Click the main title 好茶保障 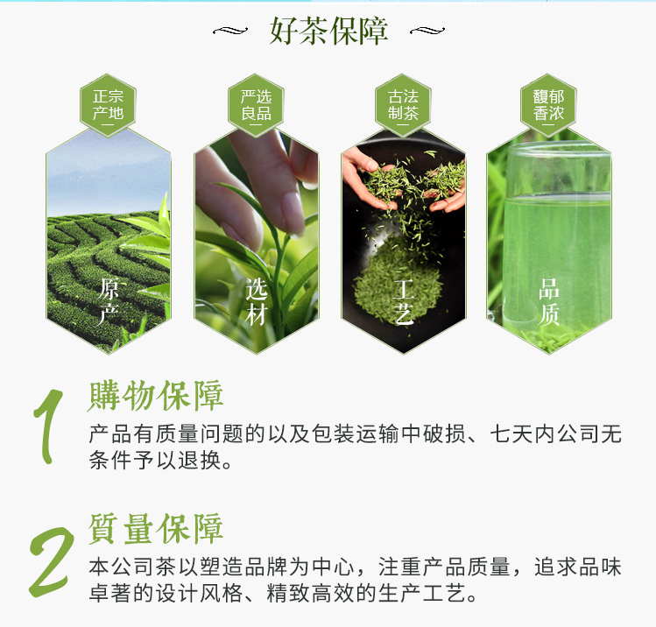(x=328, y=31)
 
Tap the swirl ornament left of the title (x=230, y=31)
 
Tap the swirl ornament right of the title (x=427, y=31)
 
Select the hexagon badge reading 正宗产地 (x=108, y=105)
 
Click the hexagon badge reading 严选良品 (x=256, y=105)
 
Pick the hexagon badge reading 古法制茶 (x=403, y=105)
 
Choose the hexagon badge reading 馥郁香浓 (x=548, y=105)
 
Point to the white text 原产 (x=109, y=300)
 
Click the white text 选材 (x=256, y=301)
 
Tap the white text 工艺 (x=404, y=301)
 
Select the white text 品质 (x=549, y=301)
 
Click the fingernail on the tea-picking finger (x=292, y=214)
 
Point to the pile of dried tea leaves (x=398, y=281)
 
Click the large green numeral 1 (x=47, y=426)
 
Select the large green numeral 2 (x=51, y=561)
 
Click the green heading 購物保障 (x=156, y=396)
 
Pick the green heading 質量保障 (x=156, y=529)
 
